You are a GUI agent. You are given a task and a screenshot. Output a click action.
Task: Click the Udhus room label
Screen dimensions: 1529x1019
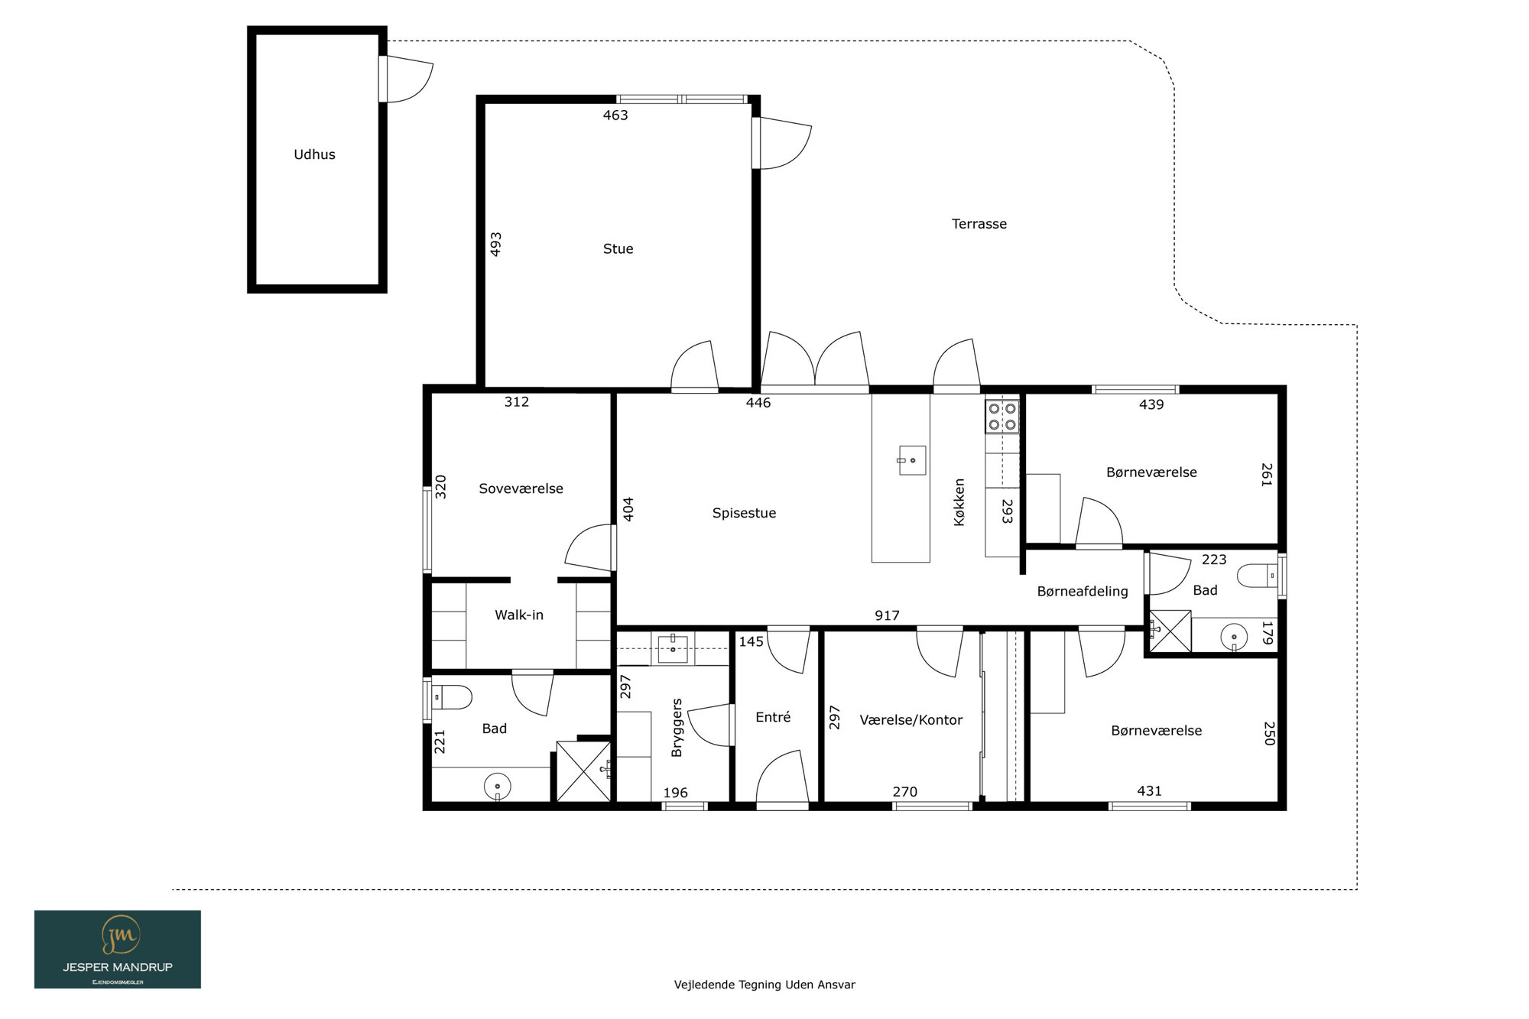tap(314, 154)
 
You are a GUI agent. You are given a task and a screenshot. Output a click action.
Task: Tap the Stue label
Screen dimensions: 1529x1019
tap(618, 248)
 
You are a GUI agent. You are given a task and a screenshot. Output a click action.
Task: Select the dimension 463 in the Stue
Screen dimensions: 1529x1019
tap(615, 115)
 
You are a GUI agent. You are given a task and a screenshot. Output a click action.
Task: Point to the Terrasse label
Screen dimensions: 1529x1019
tap(979, 224)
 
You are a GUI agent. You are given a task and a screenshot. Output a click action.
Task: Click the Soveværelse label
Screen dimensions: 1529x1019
tap(521, 488)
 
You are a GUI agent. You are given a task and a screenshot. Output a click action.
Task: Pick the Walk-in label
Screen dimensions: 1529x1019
tap(519, 615)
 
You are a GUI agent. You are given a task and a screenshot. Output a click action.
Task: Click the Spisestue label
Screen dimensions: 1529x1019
tap(744, 513)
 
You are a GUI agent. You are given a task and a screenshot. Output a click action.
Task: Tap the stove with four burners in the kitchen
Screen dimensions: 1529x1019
tap(1002, 416)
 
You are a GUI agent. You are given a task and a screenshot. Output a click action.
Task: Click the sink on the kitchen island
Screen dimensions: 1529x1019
tap(912, 460)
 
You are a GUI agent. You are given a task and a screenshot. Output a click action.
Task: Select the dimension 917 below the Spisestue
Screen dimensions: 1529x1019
tap(887, 615)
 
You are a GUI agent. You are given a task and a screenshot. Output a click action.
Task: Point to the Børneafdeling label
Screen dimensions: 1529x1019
tap(1083, 591)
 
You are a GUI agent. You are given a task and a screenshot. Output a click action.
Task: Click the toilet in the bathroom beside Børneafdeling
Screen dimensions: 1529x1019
tap(1257, 576)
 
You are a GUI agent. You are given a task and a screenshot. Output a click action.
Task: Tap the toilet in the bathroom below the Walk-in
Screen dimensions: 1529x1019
tap(452, 697)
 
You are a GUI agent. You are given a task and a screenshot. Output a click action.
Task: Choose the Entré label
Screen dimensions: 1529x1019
tap(773, 717)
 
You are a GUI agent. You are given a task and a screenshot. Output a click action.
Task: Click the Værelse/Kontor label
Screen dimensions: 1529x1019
tap(911, 720)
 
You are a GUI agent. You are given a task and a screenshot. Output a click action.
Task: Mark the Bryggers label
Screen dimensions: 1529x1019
tap(677, 728)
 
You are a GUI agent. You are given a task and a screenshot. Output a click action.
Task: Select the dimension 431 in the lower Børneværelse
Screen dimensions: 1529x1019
tap(1149, 791)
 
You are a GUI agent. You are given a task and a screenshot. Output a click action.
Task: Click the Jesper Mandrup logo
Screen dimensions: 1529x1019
tap(118, 949)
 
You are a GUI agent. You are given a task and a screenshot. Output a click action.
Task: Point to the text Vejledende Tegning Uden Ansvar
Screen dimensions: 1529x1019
tap(764, 985)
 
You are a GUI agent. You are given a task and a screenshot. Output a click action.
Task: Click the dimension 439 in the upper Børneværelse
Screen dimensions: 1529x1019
tap(1151, 404)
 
